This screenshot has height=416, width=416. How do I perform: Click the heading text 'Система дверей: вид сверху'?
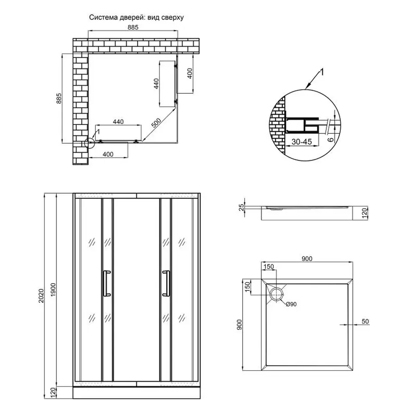136,18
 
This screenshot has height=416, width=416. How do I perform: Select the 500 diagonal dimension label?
156,123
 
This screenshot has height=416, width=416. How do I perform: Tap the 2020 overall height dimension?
41,296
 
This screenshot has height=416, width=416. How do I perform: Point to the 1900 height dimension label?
53,290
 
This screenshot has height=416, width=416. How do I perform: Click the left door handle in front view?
107,283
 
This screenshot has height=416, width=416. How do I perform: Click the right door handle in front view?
166,283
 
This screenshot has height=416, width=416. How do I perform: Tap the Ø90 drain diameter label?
291,304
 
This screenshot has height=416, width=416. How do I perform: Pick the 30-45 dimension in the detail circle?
302,142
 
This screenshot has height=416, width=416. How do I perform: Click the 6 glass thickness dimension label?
330,139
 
